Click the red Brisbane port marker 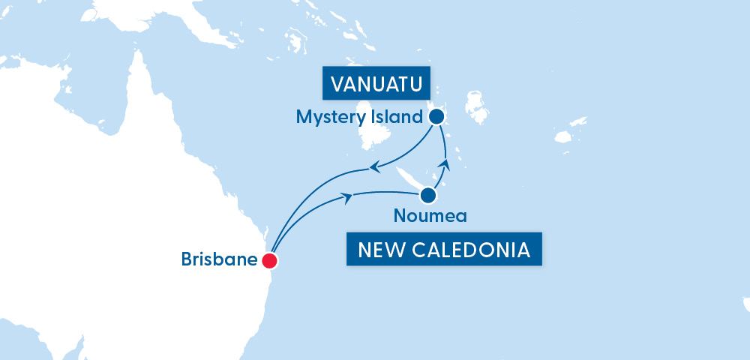tap(269, 261)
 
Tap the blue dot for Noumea tap(427, 196)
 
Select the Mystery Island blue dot tap(436, 117)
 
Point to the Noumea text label tap(430, 217)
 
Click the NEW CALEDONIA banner tap(444, 250)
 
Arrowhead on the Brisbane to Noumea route tap(347, 196)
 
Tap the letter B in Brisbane tap(187, 260)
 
